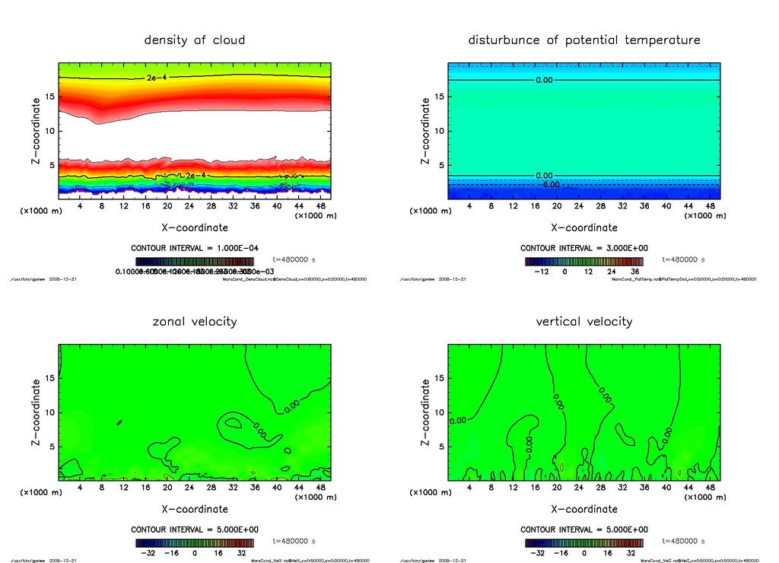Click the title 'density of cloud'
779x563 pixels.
click(x=195, y=40)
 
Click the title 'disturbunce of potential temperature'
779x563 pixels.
click(x=583, y=40)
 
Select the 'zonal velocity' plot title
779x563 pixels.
click(x=195, y=321)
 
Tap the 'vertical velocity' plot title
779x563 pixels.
click(x=583, y=321)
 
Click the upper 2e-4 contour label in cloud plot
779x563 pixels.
click(x=154, y=78)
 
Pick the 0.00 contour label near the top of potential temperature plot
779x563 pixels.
click(x=544, y=80)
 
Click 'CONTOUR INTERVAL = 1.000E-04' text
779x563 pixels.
click(x=195, y=248)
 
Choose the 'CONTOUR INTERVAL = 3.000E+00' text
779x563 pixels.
click(x=583, y=248)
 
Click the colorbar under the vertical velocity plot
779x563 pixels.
click(x=583, y=543)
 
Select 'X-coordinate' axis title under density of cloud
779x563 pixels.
click(x=195, y=227)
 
